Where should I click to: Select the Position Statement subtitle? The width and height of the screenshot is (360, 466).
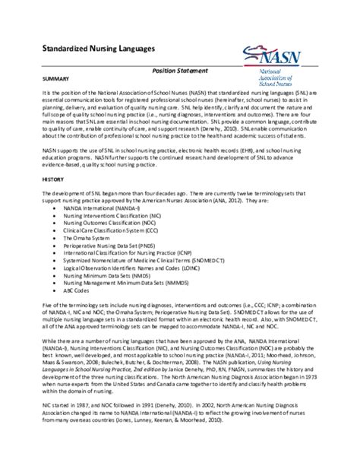click(x=178, y=71)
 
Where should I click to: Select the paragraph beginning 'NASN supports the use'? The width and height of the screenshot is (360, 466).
click(x=179, y=157)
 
